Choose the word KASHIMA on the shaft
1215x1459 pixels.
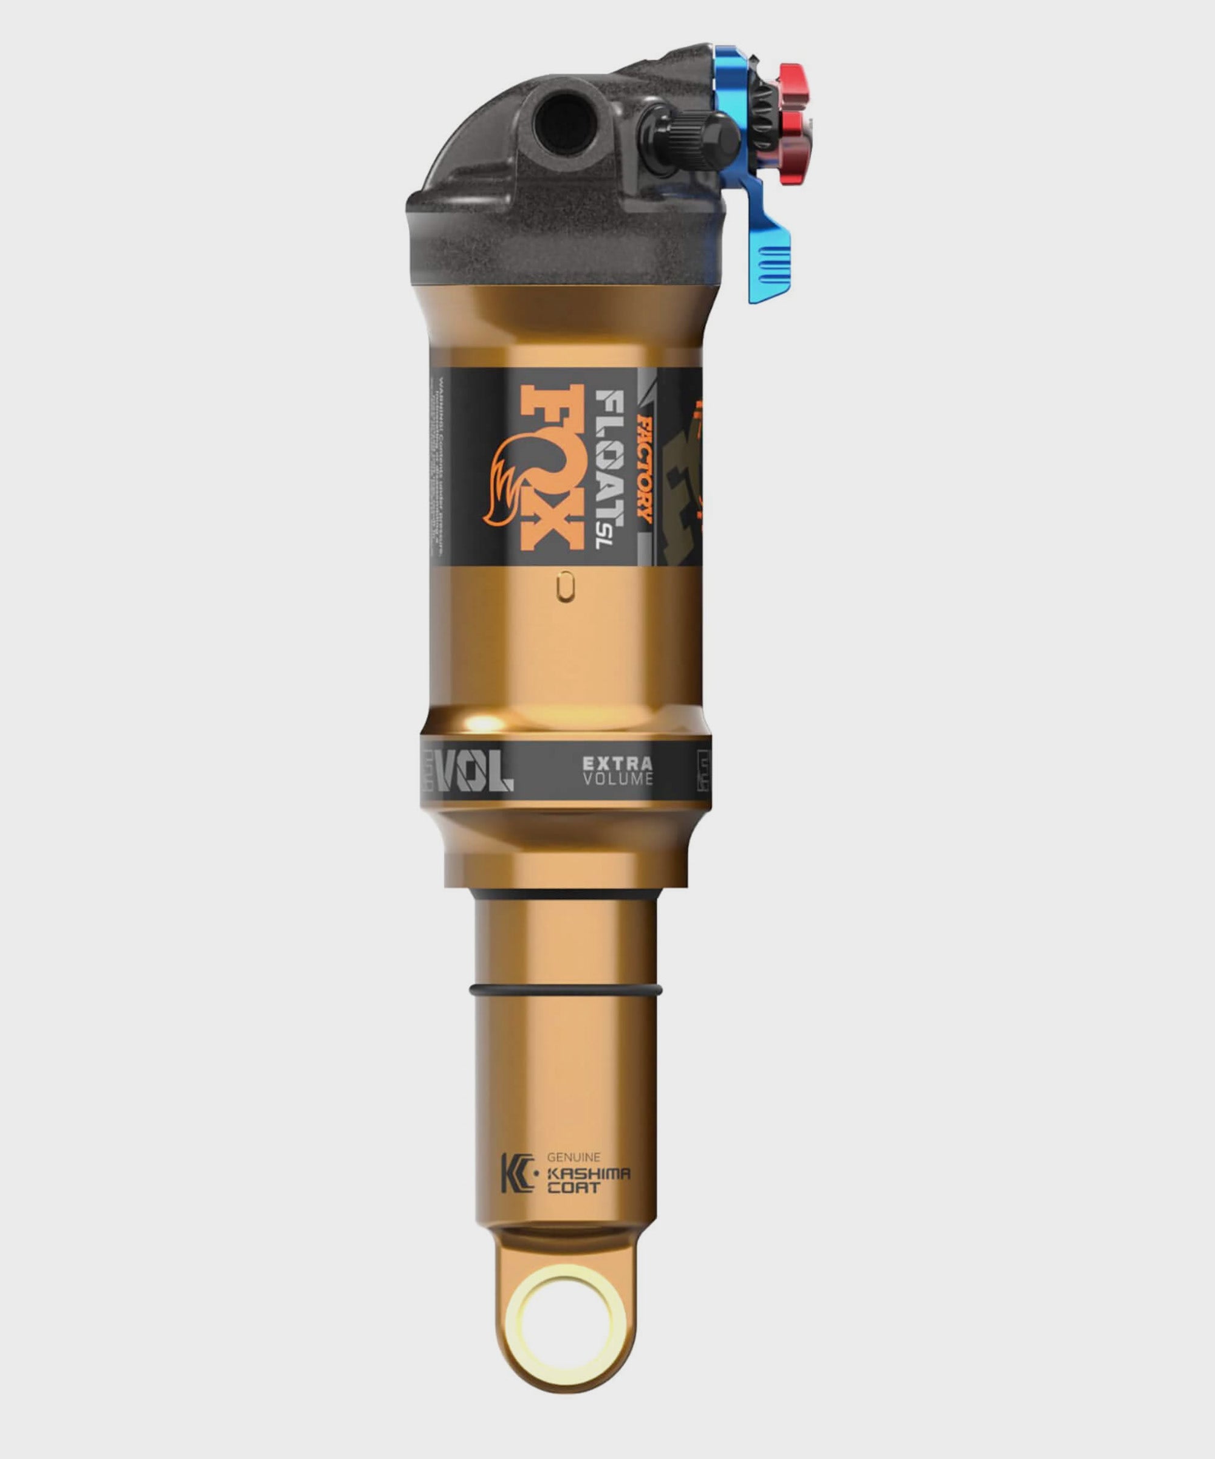coord(587,1173)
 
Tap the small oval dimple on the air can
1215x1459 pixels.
coord(566,586)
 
